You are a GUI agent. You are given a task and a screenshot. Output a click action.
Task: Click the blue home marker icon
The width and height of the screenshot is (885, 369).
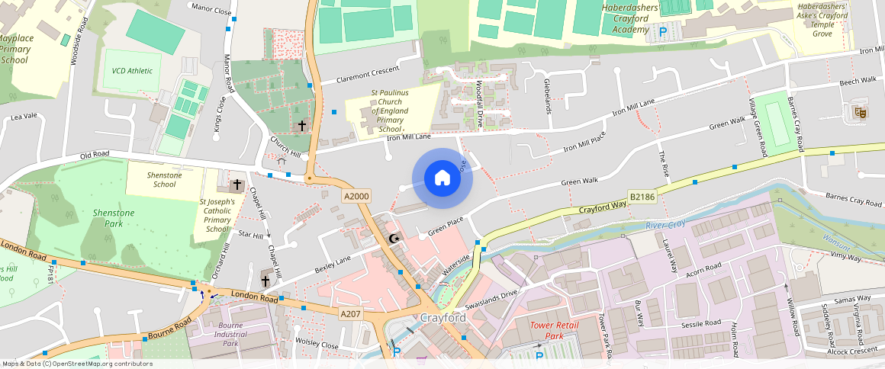(x=443, y=178)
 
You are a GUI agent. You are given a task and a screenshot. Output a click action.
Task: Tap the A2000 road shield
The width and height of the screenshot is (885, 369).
(x=356, y=196)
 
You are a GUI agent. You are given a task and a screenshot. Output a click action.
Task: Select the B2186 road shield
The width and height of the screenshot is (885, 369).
(x=642, y=196)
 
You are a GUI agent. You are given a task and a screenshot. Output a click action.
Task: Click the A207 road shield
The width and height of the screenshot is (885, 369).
(x=350, y=314)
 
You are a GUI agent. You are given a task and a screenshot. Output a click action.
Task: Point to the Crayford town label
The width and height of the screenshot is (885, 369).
(x=443, y=317)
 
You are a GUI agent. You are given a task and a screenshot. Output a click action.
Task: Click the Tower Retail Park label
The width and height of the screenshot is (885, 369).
(x=555, y=330)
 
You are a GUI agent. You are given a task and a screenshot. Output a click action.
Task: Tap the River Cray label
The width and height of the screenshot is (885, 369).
(x=665, y=225)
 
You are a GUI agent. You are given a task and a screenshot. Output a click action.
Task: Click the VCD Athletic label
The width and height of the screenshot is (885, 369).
(x=132, y=71)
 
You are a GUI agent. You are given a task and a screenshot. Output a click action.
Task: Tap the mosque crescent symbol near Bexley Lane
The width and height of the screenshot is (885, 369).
(x=394, y=239)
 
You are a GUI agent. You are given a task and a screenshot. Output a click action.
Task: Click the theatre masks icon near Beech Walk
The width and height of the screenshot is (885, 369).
(x=860, y=113)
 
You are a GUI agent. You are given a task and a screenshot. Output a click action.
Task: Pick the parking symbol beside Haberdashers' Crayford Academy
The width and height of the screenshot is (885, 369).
(x=662, y=31)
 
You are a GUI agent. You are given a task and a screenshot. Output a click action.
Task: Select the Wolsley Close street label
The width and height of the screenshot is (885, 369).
(x=317, y=345)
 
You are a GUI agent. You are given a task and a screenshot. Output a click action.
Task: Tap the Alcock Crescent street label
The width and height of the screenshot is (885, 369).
(x=853, y=351)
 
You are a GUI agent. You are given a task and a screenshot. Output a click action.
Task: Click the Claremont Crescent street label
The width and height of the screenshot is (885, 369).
(x=369, y=73)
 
